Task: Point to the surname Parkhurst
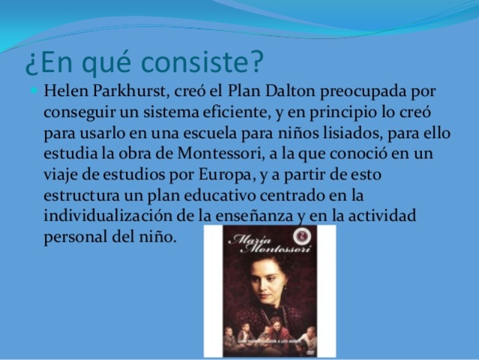tap(125, 92)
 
